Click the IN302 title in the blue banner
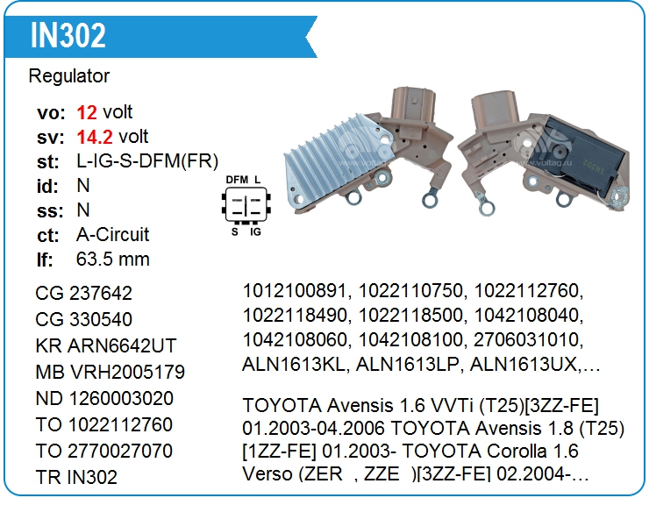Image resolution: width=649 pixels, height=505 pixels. (68, 35)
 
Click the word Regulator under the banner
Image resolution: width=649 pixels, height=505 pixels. (69, 76)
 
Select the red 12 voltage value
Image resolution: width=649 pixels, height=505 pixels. (87, 112)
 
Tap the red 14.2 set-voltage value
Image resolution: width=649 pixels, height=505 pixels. (95, 137)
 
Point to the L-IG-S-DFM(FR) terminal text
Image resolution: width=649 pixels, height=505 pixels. (147, 161)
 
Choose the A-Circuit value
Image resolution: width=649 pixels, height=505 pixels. (112, 235)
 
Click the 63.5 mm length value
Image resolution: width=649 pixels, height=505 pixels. (112, 260)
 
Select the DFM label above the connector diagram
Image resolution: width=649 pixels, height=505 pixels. (237, 180)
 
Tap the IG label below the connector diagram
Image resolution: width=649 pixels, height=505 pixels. (256, 231)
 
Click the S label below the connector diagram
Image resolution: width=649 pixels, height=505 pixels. (235, 231)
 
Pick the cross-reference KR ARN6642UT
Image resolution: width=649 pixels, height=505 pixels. (106, 346)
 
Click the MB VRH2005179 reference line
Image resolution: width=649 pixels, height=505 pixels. (111, 372)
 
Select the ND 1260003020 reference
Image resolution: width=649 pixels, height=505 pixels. (104, 399)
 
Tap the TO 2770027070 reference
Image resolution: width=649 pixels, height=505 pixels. (103, 452)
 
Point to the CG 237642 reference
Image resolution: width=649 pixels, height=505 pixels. (83, 294)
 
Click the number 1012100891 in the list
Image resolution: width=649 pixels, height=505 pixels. (294, 290)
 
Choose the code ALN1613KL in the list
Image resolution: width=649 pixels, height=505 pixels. (293, 365)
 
